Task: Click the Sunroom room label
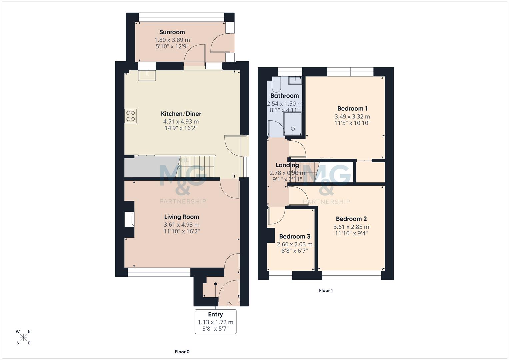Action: (x=172, y=32)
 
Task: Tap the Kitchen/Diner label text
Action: (x=181, y=114)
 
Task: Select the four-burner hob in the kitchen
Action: (x=131, y=116)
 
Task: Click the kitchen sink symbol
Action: (x=147, y=76)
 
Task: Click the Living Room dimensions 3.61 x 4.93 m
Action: (x=181, y=225)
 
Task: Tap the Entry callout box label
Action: (x=215, y=314)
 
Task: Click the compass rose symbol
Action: (x=23, y=337)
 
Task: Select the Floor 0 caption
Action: (x=182, y=352)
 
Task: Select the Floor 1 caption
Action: (x=326, y=291)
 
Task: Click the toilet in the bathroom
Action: (x=276, y=85)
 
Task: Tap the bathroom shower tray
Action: (x=293, y=123)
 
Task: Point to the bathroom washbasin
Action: (x=295, y=80)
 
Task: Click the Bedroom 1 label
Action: (x=352, y=109)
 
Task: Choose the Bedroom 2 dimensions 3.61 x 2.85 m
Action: (x=351, y=227)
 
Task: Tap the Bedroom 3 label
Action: (x=295, y=237)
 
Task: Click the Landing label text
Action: (x=287, y=165)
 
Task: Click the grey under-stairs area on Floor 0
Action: (x=150, y=167)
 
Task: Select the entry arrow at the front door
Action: (x=229, y=304)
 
